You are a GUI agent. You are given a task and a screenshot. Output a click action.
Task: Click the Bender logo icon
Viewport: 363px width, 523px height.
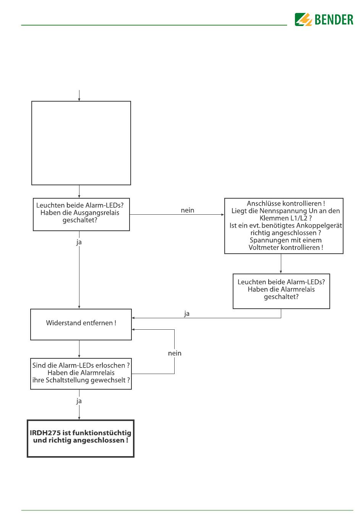[x=303, y=19]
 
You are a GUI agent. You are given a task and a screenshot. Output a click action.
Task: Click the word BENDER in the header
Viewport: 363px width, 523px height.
[x=334, y=19]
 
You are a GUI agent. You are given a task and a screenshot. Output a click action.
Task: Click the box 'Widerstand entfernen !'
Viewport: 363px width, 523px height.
[x=81, y=324]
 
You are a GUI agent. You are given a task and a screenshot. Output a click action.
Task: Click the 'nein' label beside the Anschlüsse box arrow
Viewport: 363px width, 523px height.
[x=187, y=210]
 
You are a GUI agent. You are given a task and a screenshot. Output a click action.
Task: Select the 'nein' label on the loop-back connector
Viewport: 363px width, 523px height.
[x=175, y=353]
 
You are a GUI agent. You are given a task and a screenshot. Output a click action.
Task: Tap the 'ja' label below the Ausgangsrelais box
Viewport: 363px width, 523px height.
[x=79, y=242]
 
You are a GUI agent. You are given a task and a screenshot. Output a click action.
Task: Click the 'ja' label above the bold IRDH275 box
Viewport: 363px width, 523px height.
[x=79, y=401]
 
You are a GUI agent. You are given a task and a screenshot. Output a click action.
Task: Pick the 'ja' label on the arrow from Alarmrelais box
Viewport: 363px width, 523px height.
[x=186, y=314]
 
